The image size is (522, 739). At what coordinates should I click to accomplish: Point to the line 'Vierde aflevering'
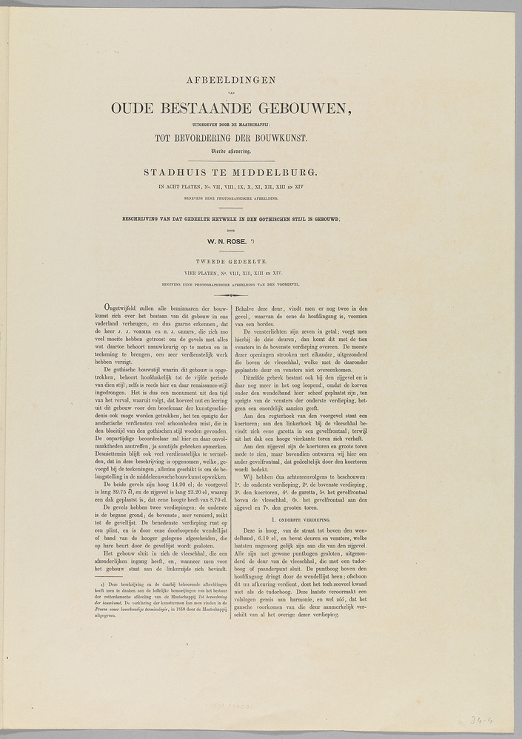pos(231,151)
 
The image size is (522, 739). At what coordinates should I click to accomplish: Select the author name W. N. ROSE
pos(230,240)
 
